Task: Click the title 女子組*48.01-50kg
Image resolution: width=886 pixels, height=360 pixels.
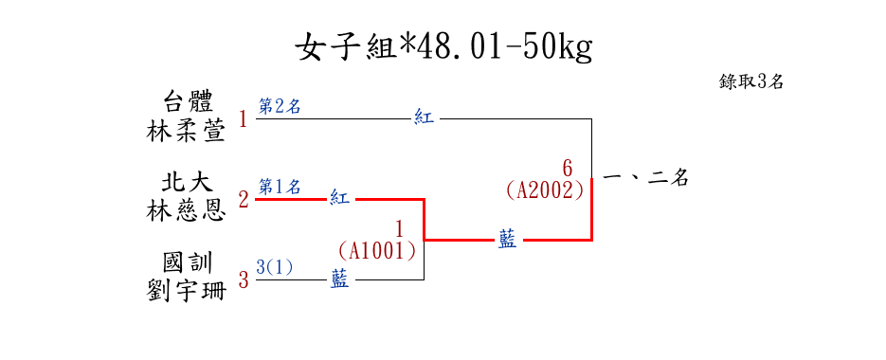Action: pos(444,48)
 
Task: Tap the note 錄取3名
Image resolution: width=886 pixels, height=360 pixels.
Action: pos(750,81)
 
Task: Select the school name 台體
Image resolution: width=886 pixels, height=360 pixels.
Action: pos(187,104)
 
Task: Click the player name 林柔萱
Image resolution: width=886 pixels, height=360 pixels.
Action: pos(187,133)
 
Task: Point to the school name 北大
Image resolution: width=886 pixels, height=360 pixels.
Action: pos(187,183)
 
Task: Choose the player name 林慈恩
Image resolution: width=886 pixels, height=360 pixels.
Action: pos(187,212)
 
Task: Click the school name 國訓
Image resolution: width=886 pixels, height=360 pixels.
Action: pos(187,263)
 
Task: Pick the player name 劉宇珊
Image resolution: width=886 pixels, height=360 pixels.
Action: pos(187,292)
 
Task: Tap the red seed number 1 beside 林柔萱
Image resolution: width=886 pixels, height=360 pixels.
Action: pos(243,119)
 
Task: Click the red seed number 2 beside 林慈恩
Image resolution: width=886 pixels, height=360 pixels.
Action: pos(244,200)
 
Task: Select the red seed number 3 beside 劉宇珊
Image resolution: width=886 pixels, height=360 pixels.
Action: pos(244,279)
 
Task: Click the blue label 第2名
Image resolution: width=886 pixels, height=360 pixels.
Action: pos(280,106)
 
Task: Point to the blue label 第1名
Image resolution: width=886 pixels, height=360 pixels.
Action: pos(280,186)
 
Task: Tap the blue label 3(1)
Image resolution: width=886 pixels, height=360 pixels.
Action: pos(275,267)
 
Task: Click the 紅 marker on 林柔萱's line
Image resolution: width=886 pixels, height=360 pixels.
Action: pos(424,118)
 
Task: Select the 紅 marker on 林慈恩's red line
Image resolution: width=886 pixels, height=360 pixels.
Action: pos(339,198)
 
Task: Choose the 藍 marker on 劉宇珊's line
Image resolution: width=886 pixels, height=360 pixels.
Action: pos(339,279)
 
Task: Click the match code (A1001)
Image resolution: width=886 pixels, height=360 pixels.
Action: pos(377,250)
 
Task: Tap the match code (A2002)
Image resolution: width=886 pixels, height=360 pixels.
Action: pos(545,190)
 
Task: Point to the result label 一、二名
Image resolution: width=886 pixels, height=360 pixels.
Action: pos(645,178)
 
